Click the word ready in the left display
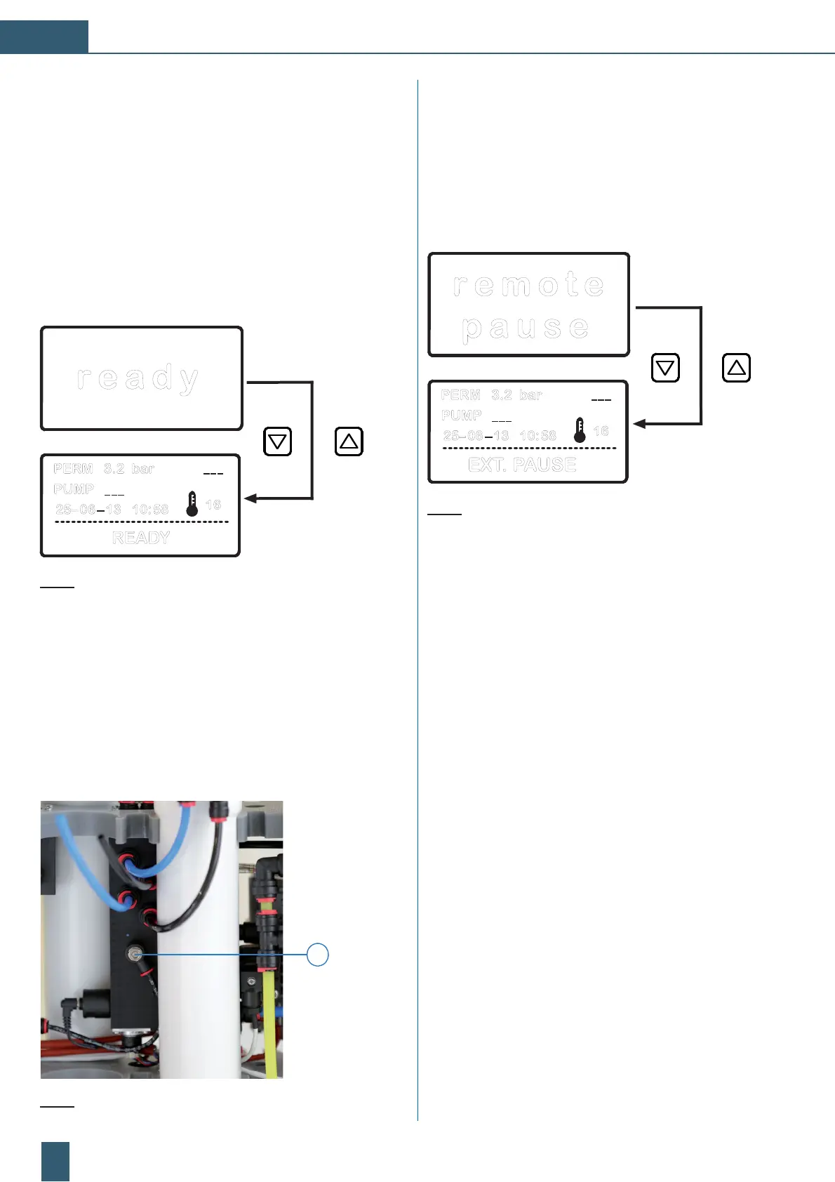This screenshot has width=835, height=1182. pyautogui.click(x=138, y=379)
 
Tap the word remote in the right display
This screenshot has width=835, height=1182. pyautogui.click(x=528, y=285)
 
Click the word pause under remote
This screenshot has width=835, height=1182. pyautogui.click(x=526, y=328)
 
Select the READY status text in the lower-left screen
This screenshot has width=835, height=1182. pyautogui.click(x=141, y=538)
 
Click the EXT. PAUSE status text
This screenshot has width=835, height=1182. pyautogui.click(x=522, y=465)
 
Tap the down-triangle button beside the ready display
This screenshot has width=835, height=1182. pyautogui.click(x=278, y=441)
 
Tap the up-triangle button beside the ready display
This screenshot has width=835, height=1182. pyautogui.click(x=349, y=441)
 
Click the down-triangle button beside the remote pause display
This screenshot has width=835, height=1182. pyautogui.click(x=665, y=367)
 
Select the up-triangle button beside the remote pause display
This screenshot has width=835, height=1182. pyautogui.click(x=736, y=367)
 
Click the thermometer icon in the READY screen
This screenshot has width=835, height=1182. pyautogui.click(x=192, y=504)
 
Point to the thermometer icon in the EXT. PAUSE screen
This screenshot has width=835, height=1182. pyautogui.click(x=580, y=430)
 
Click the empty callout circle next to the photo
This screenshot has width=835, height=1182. pyautogui.click(x=318, y=955)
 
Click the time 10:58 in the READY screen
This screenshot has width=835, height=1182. pyautogui.click(x=150, y=509)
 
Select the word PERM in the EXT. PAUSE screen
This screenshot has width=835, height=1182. pyautogui.click(x=460, y=395)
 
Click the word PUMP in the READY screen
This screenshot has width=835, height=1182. pyautogui.click(x=73, y=489)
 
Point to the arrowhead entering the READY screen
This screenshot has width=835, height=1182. pyautogui.click(x=250, y=498)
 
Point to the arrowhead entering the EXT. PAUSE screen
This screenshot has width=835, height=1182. pyautogui.click(x=639, y=424)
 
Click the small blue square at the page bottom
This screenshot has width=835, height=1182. pyautogui.click(x=55, y=1161)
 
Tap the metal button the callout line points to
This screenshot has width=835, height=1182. pyautogui.click(x=133, y=954)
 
